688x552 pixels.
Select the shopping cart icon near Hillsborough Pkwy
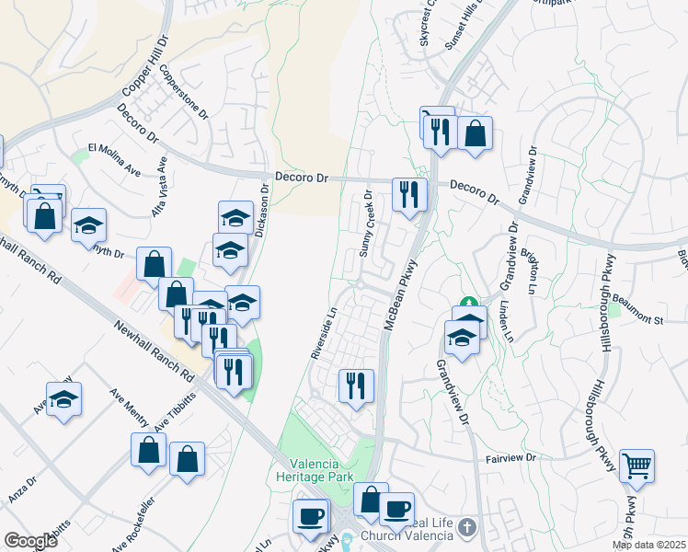[x=636, y=466]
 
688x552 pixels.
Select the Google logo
[x=30, y=541]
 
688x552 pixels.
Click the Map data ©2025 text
[x=648, y=545]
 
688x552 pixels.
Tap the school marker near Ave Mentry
[x=64, y=399]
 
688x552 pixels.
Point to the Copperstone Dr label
[x=184, y=92]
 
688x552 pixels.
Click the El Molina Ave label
[x=113, y=158]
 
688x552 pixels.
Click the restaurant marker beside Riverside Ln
[x=356, y=385]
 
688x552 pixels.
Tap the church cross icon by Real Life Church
[x=468, y=527]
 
